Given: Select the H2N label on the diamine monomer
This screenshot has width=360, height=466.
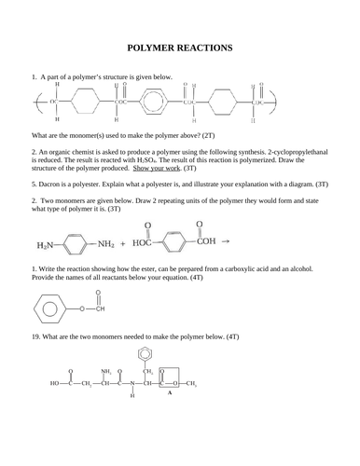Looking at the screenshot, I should tap(46, 246).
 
